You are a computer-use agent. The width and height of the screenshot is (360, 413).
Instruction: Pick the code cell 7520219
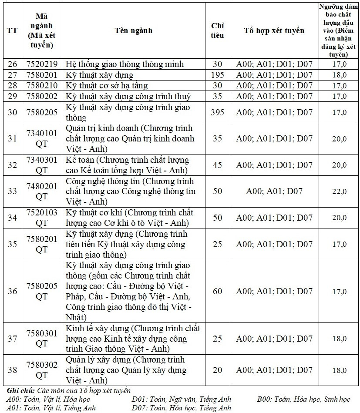42,64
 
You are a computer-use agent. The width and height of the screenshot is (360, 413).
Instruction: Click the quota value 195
217,75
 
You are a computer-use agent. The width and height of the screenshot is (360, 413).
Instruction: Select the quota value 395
217,112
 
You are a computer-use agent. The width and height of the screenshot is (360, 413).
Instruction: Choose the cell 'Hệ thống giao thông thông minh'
124,64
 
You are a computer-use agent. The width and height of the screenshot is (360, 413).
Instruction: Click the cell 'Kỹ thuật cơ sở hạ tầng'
107,85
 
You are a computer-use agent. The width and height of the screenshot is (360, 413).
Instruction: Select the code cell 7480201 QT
42,191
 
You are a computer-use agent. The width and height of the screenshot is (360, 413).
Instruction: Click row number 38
12,370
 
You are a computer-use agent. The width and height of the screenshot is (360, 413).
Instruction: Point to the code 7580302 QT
42,370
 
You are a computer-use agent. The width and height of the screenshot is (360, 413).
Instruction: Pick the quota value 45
217,165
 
